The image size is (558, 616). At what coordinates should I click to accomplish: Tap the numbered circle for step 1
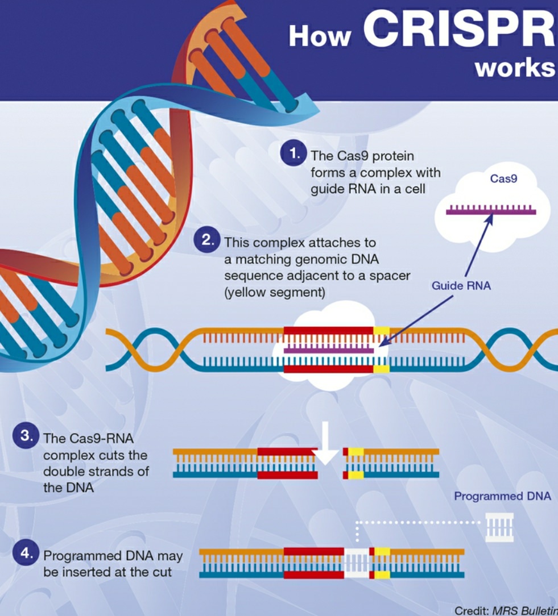(294, 154)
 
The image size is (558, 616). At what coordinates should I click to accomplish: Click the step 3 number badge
(26, 437)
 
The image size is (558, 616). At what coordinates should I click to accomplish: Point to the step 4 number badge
(26, 553)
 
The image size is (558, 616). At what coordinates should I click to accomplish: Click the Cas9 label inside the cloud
(503, 180)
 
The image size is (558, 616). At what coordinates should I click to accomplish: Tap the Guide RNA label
(461, 286)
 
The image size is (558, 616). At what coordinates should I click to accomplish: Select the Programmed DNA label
(502, 496)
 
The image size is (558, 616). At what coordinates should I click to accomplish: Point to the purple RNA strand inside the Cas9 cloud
(491, 211)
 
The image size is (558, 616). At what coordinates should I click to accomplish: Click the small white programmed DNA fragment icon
(499, 527)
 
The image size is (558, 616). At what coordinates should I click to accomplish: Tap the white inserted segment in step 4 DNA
(357, 563)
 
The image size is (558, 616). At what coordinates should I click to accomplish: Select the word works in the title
(514, 67)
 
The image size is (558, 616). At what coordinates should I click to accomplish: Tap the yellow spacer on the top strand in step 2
(381, 331)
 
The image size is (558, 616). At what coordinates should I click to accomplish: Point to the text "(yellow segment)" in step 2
(274, 292)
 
